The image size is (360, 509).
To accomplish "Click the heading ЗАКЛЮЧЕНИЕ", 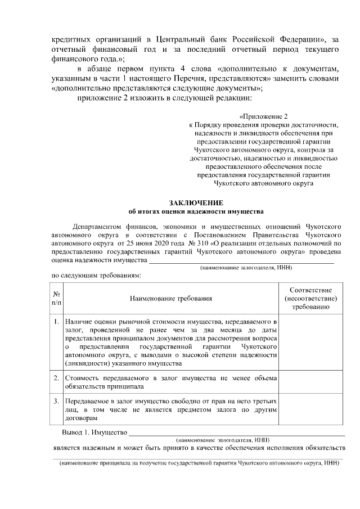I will tap(196, 202).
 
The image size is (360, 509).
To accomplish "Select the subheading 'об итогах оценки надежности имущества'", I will tap(196, 212).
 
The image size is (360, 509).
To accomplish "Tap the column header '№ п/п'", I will tap(57, 298).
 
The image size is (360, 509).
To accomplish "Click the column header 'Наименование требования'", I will tap(172, 298).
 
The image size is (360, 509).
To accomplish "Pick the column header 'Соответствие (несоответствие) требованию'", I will tap(310, 298).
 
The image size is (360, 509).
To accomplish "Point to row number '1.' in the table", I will tap(57, 322).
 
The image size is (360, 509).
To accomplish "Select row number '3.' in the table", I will tap(57, 402).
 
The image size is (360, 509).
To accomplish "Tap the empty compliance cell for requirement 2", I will tap(310, 382).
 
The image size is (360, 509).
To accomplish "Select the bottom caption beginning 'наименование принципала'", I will tap(197, 466).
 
